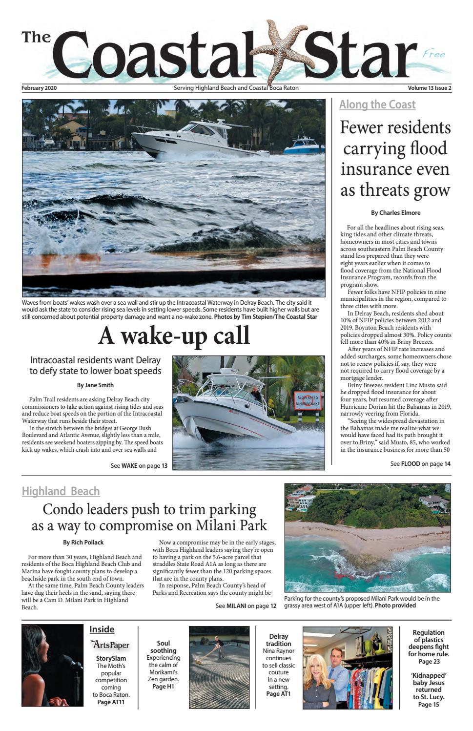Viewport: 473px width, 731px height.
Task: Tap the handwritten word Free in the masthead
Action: [x=434, y=54]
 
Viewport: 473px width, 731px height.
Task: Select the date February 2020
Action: [x=42, y=88]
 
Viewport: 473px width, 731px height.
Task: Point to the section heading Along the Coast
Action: [x=377, y=104]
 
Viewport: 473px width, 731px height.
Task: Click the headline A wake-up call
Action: [x=174, y=336]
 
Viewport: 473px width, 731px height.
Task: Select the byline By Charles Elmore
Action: [x=395, y=212]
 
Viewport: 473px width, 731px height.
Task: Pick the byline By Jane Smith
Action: [x=95, y=385]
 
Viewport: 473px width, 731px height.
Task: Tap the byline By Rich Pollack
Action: [x=83, y=542]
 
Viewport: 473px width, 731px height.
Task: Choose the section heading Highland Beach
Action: [x=61, y=491]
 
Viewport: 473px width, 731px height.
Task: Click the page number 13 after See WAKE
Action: [x=165, y=466]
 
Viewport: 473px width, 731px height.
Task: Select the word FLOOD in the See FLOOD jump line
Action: [x=411, y=464]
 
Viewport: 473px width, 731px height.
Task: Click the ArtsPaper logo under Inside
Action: [x=110, y=645]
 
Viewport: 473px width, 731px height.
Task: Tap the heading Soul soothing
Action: [x=163, y=647]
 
